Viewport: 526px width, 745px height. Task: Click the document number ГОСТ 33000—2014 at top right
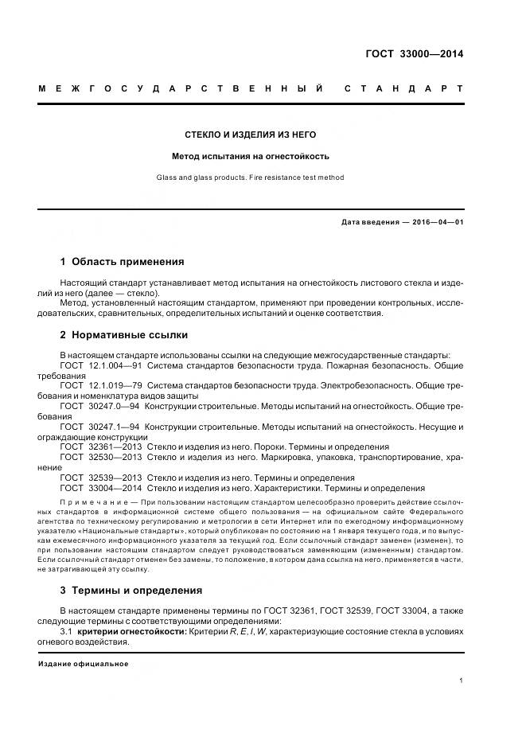click(x=414, y=54)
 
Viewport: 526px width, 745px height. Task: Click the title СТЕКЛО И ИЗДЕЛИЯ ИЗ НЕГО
click(x=251, y=135)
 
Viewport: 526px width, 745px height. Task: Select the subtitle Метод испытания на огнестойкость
click(x=251, y=156)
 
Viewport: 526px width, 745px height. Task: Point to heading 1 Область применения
click(x=122, y=261)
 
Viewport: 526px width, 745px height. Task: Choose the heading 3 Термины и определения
click(x=131, y=590)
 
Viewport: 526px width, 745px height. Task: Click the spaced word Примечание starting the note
click(x=94, y=501)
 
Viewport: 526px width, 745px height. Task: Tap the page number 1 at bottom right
click(x=461, y=681)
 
